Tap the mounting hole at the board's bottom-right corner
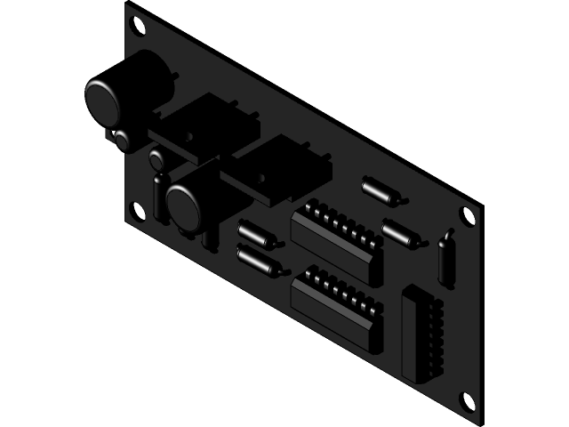click(x=465, y=401)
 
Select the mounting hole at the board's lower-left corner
click(x=137, y=210)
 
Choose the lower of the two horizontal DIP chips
click(x=337, y=306)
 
